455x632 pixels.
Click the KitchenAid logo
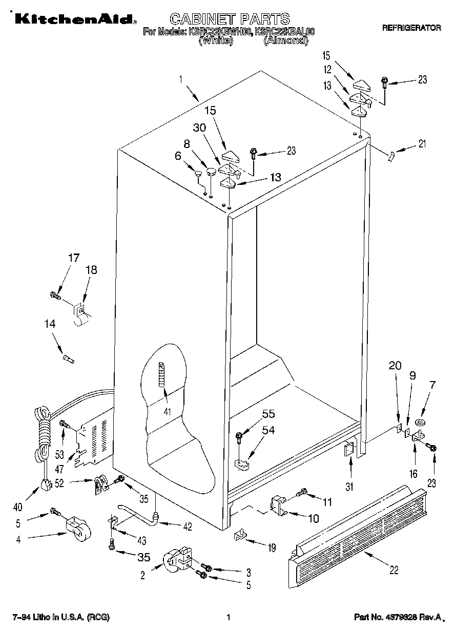(74, 19)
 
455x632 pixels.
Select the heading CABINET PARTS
(230, 19)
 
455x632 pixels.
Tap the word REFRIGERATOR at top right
(411, 29)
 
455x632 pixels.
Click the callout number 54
(268, 430)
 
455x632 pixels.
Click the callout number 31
(349, 487)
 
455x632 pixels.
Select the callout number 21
(422, 144)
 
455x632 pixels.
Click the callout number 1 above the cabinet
(181, 79)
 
